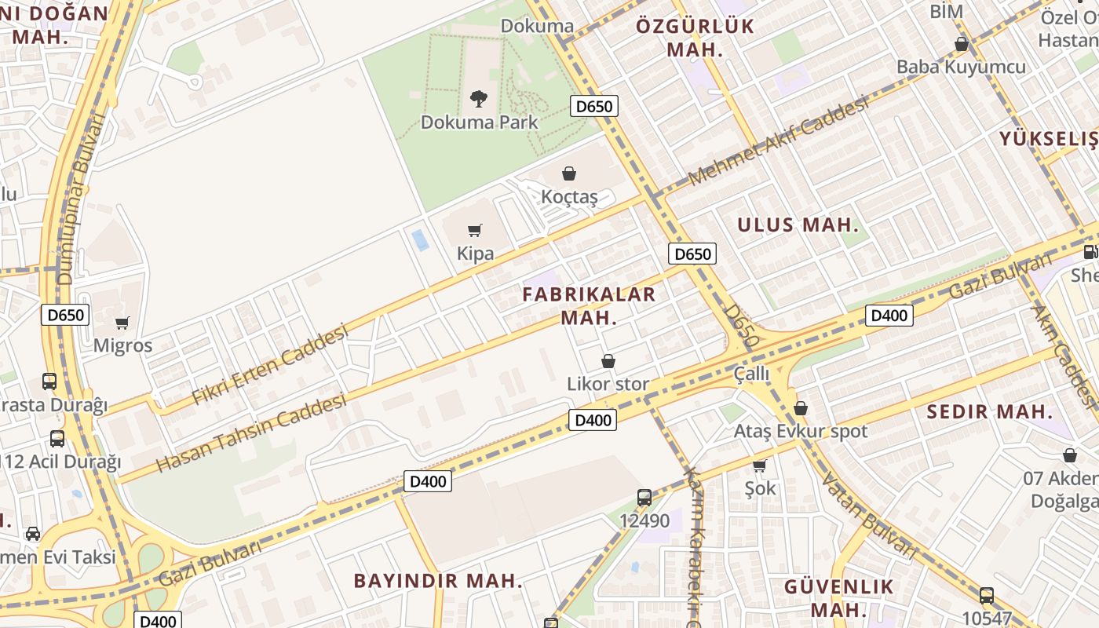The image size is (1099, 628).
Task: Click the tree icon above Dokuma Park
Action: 478,99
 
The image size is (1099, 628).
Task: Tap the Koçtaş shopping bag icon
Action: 569,173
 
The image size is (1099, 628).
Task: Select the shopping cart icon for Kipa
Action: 475,230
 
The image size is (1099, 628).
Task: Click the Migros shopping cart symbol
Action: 122,323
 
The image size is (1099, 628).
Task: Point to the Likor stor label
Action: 608,384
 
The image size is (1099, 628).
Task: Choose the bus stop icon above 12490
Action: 644,497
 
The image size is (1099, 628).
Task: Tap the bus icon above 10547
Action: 987,596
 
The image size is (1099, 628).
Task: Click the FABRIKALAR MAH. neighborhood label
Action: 589,306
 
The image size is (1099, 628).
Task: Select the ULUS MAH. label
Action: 798,225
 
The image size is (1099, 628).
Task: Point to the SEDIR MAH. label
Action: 989,411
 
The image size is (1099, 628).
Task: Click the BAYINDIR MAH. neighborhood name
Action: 438,581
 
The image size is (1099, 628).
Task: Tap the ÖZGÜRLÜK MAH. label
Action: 695,38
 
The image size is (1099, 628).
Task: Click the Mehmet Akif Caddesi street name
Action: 780,142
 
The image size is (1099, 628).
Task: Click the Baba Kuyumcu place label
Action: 961,67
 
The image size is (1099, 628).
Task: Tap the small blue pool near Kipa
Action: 421,239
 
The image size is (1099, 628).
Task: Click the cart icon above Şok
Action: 759,466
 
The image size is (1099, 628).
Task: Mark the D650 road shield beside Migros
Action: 65,316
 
